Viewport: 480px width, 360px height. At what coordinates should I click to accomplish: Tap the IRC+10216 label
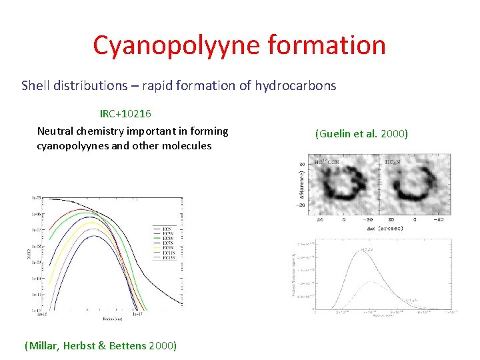pos(129,114)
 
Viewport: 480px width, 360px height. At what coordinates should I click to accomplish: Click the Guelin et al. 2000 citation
pos(361,134)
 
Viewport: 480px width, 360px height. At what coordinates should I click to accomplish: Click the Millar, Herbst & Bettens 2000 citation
pos(100,345)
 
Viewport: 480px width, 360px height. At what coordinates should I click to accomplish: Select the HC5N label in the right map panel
pos(393,162)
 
